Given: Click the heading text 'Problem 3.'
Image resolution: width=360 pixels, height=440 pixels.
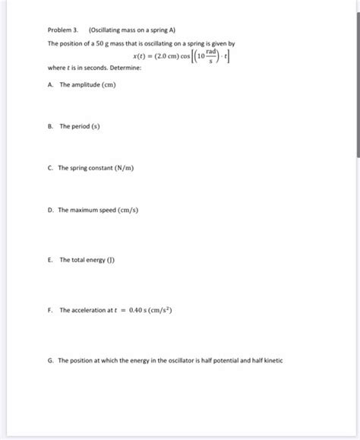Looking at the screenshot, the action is coord(63,31).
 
